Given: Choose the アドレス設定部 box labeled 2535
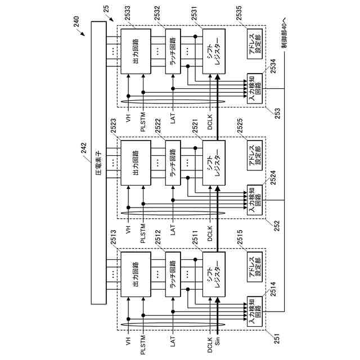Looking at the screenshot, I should pyautogui.click(x=254, y=46).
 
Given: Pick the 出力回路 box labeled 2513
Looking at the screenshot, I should pyautogui.click(x=136, y=274).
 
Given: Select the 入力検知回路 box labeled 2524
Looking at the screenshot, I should pyautogui.click(x=254, y=199).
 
